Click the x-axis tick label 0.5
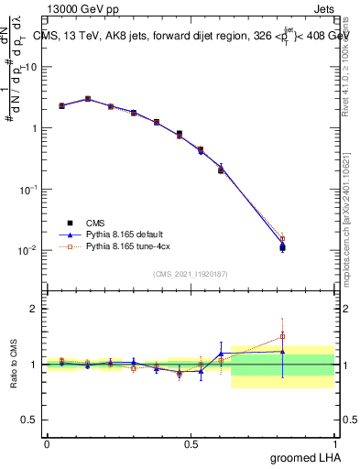click(191, 442)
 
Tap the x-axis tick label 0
click(47, 442)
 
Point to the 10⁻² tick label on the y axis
click(28, 250)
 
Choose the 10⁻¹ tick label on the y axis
click(28, 189)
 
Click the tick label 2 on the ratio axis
click(34, 309)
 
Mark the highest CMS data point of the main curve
click(88, 99)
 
